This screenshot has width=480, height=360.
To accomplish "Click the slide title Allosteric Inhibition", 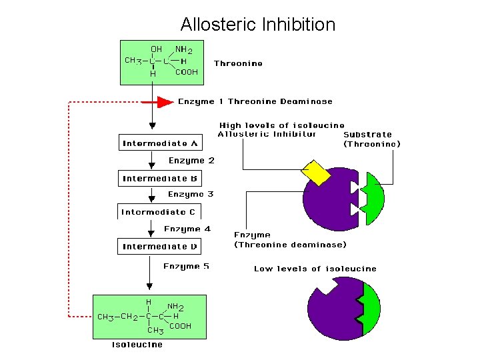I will [257, 25].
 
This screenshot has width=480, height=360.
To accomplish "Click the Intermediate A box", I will [160, 143].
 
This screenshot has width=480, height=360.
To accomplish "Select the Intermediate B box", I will [160, 179].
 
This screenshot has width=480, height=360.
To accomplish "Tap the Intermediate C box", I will [159, 212].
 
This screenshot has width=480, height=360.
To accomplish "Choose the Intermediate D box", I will [160, 247].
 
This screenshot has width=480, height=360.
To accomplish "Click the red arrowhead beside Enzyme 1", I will [165, 102].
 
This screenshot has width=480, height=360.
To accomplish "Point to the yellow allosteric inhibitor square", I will [316, 172].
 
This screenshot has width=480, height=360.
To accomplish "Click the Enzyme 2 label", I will [191, 161].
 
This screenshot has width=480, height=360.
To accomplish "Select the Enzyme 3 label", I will [191, 195].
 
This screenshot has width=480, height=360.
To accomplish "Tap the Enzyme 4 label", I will [187, 229].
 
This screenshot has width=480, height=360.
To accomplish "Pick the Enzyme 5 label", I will [186, 266].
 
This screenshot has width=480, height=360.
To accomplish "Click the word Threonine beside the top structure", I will [238, 64].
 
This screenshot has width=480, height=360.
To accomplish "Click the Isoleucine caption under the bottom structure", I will [137, 345].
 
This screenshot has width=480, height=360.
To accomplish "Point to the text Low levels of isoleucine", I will [315, 269].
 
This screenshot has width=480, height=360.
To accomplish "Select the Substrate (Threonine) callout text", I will [372, 139].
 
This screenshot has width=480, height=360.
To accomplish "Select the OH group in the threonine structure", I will [156, 49].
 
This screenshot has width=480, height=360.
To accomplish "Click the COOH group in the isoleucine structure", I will [180, 326].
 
